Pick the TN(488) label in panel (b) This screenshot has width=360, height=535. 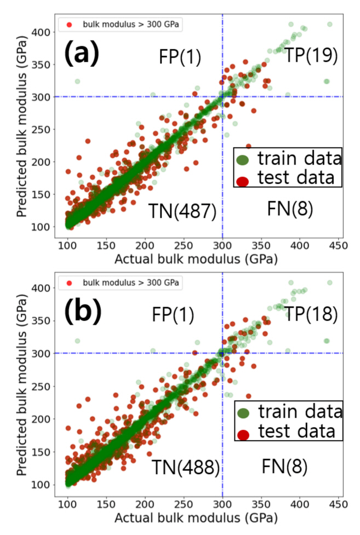pyautogui.click(x=186, y=467)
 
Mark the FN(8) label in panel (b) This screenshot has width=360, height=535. pyautogui.click(x=284, y=467)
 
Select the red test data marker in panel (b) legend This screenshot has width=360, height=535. pyautogui.click(x=244, y=434)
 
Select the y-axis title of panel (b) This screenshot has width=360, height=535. pyautogui.click(x=23, y=386)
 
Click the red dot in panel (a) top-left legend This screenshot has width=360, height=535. pyautogui.click(x=67, y=25)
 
